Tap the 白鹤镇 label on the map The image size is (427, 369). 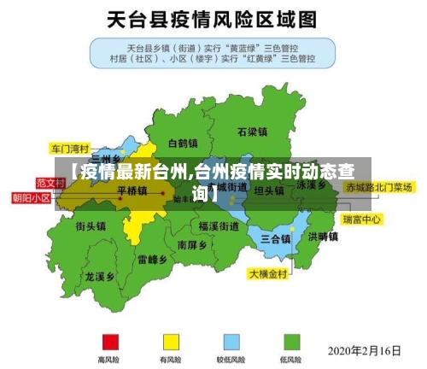click(x=183, y=143)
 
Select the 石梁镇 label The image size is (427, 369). click(x=253, y=132)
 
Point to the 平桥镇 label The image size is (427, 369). click(x=132, y=190)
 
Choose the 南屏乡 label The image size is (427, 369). click(x=192, y=244)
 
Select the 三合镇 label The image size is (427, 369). click(x=276, y=237)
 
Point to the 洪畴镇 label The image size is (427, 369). click(x=324, y=237)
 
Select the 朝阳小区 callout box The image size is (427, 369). click(x=32, y=197)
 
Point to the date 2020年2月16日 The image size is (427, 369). click(x=364, y=350)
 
